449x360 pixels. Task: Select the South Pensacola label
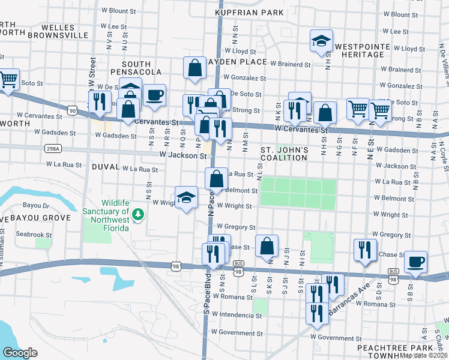(142, 68)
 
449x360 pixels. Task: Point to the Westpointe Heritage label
(360, 50)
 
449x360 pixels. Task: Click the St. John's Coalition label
(285, 154)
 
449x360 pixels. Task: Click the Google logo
(20, 353)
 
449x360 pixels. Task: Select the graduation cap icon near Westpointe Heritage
(321, 41)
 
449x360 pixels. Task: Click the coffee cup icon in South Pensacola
(155, 95)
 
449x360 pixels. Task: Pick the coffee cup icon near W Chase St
(415, 262)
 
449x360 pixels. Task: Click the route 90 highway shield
(73, 110)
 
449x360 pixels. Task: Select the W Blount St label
(115, 11)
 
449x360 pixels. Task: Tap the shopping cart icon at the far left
(8, 79)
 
